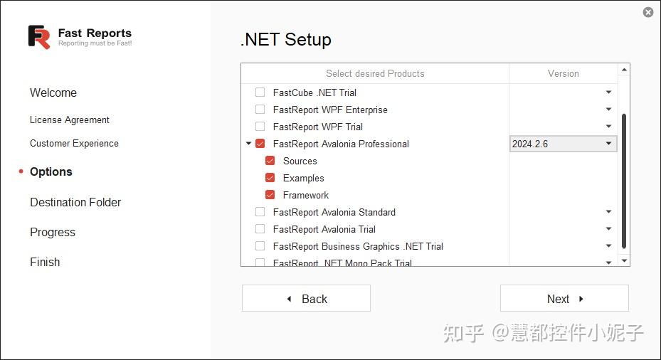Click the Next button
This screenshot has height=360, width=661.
pos(564,299)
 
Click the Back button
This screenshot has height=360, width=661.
pos(306,299)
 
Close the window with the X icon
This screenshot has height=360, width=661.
pos(647,12)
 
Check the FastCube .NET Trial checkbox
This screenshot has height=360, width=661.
pos(260,92)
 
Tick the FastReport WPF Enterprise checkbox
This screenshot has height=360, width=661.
pos(260,110)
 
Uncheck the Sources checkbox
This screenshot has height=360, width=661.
pos(270,161)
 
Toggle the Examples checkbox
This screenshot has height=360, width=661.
pos(270,178)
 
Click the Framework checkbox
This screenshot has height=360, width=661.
pos(270,195)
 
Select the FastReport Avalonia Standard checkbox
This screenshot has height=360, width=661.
pos(260,212)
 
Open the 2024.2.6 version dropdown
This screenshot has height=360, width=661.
pos(608,144)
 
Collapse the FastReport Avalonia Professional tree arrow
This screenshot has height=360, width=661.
pos(248,144)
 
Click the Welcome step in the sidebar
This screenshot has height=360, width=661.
pos(53,92)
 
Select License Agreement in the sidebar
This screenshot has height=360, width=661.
pos(70,120)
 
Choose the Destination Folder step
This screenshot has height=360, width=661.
pos(75,202)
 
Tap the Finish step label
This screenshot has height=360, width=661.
pos(45,262)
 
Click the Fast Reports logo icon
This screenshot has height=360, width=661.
pos(39,36)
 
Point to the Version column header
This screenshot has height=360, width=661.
pos(563,73)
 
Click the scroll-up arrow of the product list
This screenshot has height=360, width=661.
pos(624,70)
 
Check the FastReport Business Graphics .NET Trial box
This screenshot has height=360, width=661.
pos(260,246)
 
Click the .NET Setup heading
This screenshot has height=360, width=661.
pos(286,39)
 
